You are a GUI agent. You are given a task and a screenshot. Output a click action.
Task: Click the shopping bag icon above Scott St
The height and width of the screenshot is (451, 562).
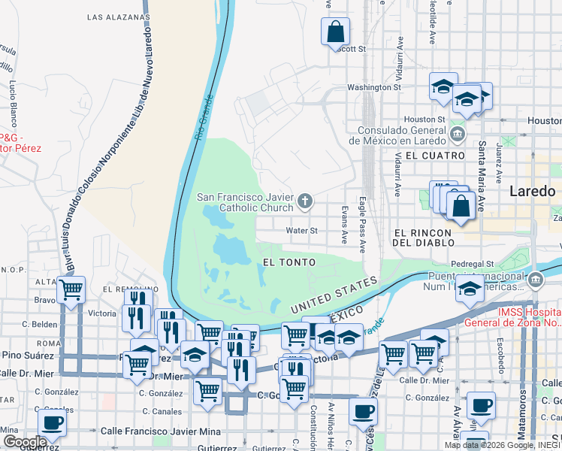point(335,32)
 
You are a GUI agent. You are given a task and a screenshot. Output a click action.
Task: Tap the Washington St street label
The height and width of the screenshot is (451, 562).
point(373,88)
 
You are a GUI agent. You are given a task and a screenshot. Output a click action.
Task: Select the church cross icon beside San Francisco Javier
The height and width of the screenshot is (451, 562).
point(304,201)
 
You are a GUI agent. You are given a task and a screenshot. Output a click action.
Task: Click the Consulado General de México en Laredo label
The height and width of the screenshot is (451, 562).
point(400,135)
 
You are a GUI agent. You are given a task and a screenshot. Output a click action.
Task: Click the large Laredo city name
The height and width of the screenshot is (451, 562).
point(532,191)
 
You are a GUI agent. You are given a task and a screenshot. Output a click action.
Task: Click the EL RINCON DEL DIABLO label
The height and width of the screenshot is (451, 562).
point(424,238)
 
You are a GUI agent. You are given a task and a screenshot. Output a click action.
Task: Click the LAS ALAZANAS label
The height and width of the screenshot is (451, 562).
point(118,16)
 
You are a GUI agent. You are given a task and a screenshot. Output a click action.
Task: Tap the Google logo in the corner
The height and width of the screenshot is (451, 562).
point(24,441)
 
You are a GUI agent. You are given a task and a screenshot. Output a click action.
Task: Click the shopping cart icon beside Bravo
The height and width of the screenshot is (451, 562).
point(71,289)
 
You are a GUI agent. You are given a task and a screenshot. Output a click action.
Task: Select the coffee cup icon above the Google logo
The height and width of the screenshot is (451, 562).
point(52,422)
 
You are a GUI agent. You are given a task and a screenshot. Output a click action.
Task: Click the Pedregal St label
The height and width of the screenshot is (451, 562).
point(472,265)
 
